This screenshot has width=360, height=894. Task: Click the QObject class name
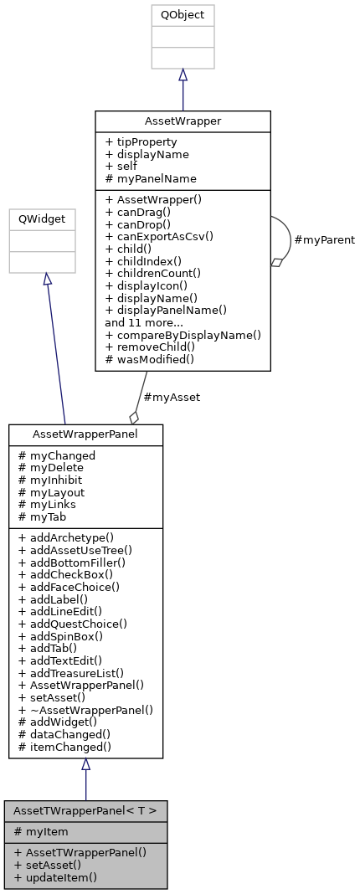click(x=183, y=15)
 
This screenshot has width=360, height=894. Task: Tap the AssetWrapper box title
click(x=183, y=121)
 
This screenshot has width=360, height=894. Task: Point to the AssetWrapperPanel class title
click(x=85, y=434)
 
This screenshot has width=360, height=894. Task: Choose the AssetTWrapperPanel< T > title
click(x=85, y=810)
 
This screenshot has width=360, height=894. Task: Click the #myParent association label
click(x=324, y=240)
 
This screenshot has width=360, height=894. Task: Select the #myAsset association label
click(x=172, y=398)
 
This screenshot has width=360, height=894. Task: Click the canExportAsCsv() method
click(x=159, y=236)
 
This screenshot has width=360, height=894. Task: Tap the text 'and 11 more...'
click(x=145, y=321)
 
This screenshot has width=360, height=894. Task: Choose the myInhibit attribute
click(x=55, y=480)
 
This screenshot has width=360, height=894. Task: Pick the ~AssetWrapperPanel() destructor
click(x=85, y=709)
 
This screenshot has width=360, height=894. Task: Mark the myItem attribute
click(x=47, y=830)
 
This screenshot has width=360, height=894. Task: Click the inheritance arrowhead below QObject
click(x=183, y=75)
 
